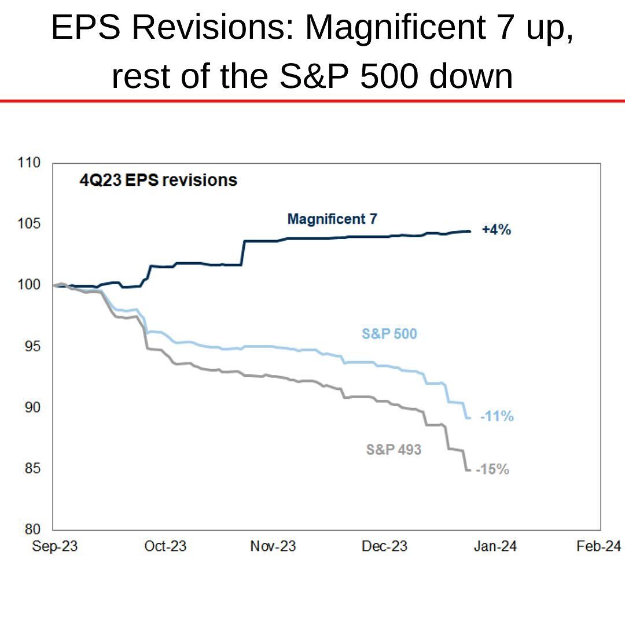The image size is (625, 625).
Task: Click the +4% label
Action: [x=497, y=230]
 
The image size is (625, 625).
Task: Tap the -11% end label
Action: [x=497, y=416]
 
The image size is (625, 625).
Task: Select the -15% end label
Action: [x=492, y=469]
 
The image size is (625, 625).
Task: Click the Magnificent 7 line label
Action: [x=332, y=219]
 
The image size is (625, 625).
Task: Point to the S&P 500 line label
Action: [x=389, y=334]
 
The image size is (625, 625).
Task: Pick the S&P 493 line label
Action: [x=394, y=449]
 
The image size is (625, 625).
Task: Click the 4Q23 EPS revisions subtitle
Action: [x=158, y=180]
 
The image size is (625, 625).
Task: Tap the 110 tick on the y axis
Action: [x=31, y=163]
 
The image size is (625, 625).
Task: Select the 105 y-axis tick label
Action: [x=31, y=225]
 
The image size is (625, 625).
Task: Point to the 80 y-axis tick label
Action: [x=34, y=530]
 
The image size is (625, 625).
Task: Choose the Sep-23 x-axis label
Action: [x=54, y=546]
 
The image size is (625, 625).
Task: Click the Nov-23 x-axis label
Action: [x=273, y=546]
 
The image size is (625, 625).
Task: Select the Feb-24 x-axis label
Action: [x=598, y=546]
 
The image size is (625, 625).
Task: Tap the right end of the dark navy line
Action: [x=470, y=231]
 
